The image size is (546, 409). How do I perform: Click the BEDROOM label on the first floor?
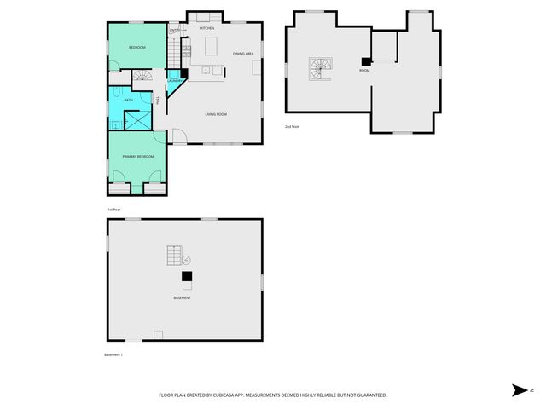tap(136, 47)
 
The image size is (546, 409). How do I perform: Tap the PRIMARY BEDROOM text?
tap(137, 157)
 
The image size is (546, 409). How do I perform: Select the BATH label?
tap(129, 100)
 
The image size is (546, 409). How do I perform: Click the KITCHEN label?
tap(207, 28)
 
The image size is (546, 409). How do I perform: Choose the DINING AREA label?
tap(243, 54)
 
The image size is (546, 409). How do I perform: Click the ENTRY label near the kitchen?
tap(175, 31)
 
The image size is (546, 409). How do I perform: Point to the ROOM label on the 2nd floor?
tap(364, 70)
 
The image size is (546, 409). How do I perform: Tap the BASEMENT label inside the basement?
tap(182, 297)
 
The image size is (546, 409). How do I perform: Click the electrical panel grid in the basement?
tap(174, 256)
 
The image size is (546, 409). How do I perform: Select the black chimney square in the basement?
tap(186, 276)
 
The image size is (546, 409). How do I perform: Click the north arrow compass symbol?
tap(520, 390)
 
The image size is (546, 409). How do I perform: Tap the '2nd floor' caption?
tap(293, 126)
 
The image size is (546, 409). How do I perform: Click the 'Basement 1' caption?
tap(114, 354)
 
